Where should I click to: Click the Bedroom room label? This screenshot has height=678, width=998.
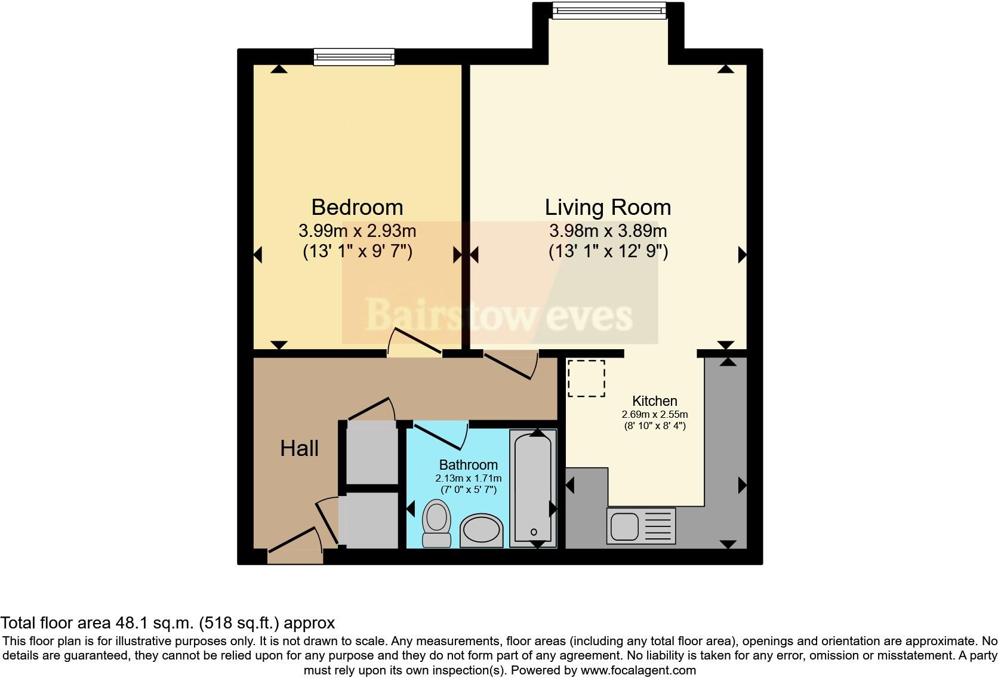(x=357, y=207)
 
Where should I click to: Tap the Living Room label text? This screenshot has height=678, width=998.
(x=608, y=207)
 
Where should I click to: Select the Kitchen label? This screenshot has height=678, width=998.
(x=655, y=401)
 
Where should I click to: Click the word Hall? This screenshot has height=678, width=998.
(x=299, y=448)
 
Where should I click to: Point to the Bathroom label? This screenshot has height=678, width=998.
(x=468, y=464)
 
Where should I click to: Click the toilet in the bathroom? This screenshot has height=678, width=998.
(x=436, y=523)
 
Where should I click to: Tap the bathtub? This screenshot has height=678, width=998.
(x=533, y=488)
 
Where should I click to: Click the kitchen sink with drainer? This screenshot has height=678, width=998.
(x=640, y=526)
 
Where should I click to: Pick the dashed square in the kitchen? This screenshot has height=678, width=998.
(x=586, y=378)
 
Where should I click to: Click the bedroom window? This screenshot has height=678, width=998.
(x=354, y=57)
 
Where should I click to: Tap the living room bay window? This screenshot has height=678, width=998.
(x=608, y=10)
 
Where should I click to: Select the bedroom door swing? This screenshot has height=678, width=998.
(x=414, y=343)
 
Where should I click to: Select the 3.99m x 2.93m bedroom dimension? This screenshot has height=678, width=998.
(x=357, y=230)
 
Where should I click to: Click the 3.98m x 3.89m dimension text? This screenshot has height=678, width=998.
(x=608, y=230)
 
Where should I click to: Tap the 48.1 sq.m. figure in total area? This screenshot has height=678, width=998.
(x=153, y=623)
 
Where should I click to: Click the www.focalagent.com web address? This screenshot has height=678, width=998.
(x=637, y=670)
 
